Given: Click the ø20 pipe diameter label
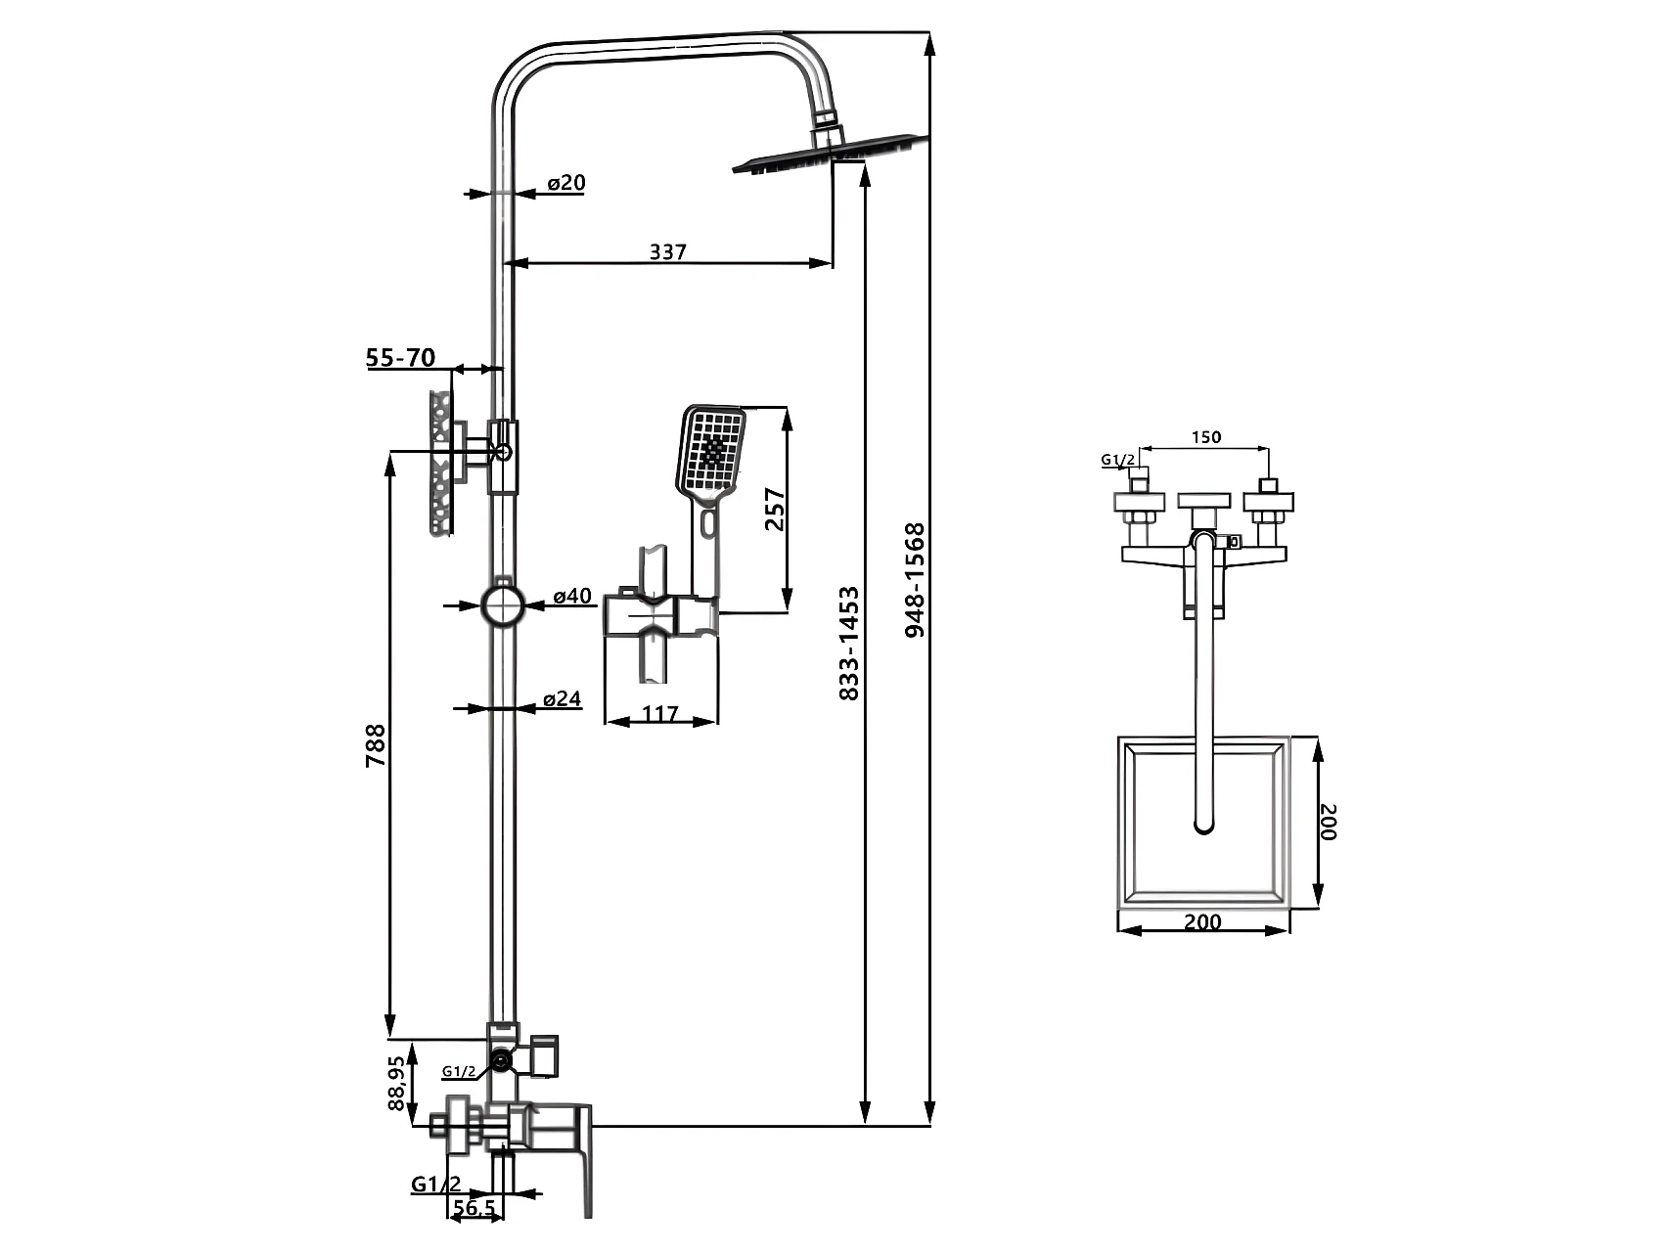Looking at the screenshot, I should click(x=566, y=183).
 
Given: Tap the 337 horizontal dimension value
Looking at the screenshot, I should click(x=668, y=251).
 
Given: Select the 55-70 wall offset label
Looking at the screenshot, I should click(x=400, y=358).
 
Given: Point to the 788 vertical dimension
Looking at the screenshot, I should click(x=376, y=744).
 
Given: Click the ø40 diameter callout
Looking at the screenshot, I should click(x=572, y=596).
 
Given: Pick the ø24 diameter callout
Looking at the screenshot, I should click(x=563, y=698).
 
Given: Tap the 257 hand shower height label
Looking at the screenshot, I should click(x=774, y=509).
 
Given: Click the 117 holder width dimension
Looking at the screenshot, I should click(x=660, y=713).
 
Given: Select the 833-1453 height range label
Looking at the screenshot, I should click(x=849, y=643).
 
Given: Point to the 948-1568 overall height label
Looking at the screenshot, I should click(x=915, y=581).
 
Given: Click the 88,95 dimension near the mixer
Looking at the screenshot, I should click(x=396, y=1083).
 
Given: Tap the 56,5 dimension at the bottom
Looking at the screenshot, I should click(x=474, y=1208).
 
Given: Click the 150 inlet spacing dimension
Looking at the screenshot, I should click(x=1206, y=437).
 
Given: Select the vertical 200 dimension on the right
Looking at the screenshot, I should click(x=1328, y=822).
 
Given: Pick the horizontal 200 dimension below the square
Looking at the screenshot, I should click(x=1202, y=921).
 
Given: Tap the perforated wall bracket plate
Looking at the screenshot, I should click(x=441, y=463).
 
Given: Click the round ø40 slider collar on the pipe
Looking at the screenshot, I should click(x=503, y=604).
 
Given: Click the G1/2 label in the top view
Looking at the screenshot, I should click(x=1118, y=459).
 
